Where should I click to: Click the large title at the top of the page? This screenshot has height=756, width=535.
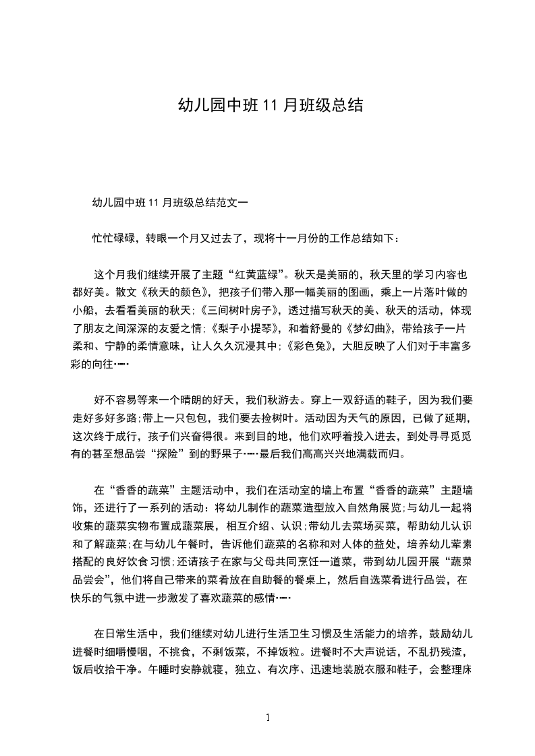click(x=270, y=105)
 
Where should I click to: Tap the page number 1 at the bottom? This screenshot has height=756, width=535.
click(x=268, y=717)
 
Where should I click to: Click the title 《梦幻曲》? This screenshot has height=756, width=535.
click(x=368, y=329)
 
